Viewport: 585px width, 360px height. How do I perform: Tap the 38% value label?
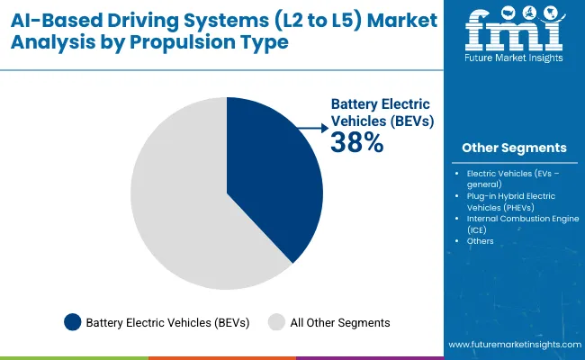[x=357, y=142]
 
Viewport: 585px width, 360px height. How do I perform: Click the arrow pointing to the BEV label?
[x=311, y=130]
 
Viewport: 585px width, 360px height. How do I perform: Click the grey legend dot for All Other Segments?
[x=277, y=321]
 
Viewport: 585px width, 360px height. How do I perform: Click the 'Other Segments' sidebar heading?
[x=514, y=148]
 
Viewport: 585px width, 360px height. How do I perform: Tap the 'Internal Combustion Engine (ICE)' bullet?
[x=520, y=223]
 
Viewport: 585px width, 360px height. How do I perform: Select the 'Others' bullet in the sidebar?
[x=481, y=240]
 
